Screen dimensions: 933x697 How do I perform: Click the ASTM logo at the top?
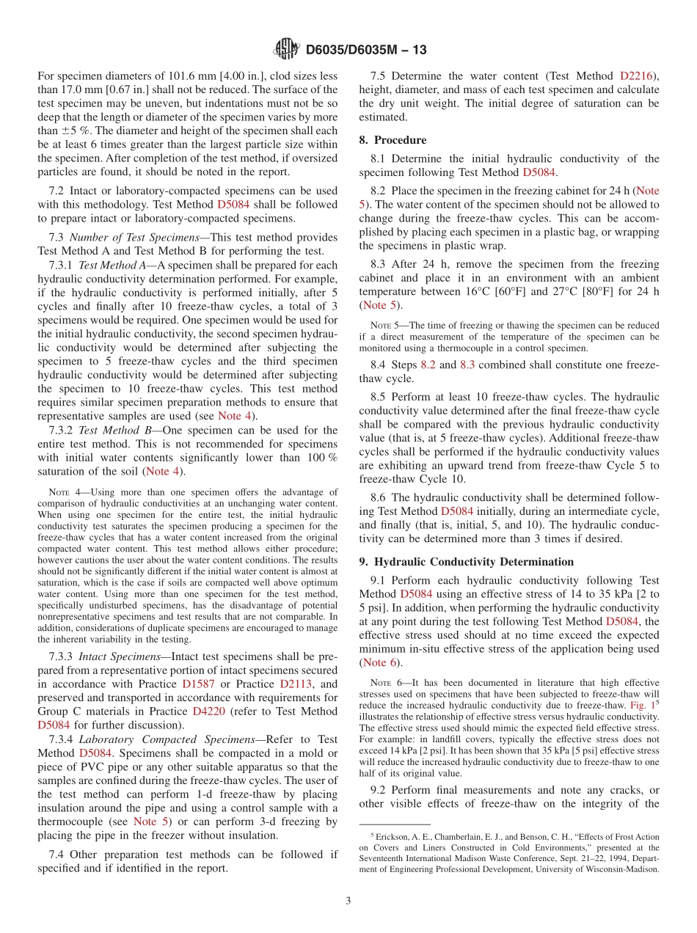click(286, 50)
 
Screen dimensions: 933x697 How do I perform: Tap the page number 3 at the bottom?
click(348, 900)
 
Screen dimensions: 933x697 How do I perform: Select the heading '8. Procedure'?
click(393, 139)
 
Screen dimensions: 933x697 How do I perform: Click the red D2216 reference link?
click(639, 76)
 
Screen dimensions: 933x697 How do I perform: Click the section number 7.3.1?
click(61, 265)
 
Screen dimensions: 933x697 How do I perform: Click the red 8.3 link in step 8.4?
click(468, 365)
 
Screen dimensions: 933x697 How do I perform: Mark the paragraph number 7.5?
click(378, 76)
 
